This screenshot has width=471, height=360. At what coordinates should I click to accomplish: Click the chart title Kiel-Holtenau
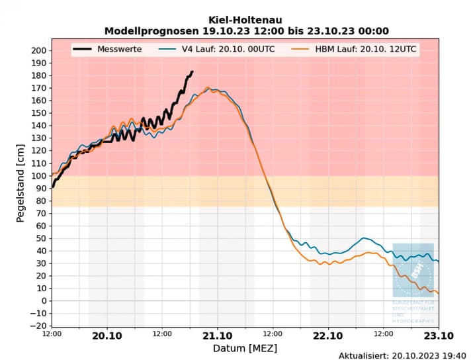pos(246,20)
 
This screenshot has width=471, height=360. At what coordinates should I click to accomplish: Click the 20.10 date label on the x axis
pos(107,336)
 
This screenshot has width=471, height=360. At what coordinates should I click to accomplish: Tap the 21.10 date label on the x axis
pos(217,336)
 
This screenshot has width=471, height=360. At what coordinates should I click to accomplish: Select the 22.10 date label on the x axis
pos(327,336)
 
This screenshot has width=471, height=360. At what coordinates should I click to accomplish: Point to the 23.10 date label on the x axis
pos(437,336)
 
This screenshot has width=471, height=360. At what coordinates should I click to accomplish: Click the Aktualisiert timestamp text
pos(402,355)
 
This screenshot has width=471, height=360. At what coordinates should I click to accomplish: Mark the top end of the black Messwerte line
pos(193,71)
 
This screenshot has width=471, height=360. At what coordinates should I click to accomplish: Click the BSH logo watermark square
pos(413,270)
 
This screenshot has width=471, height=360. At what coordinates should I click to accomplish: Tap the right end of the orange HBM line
pos(438,293)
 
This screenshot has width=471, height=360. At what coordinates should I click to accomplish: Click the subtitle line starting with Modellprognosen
pos(246,31)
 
